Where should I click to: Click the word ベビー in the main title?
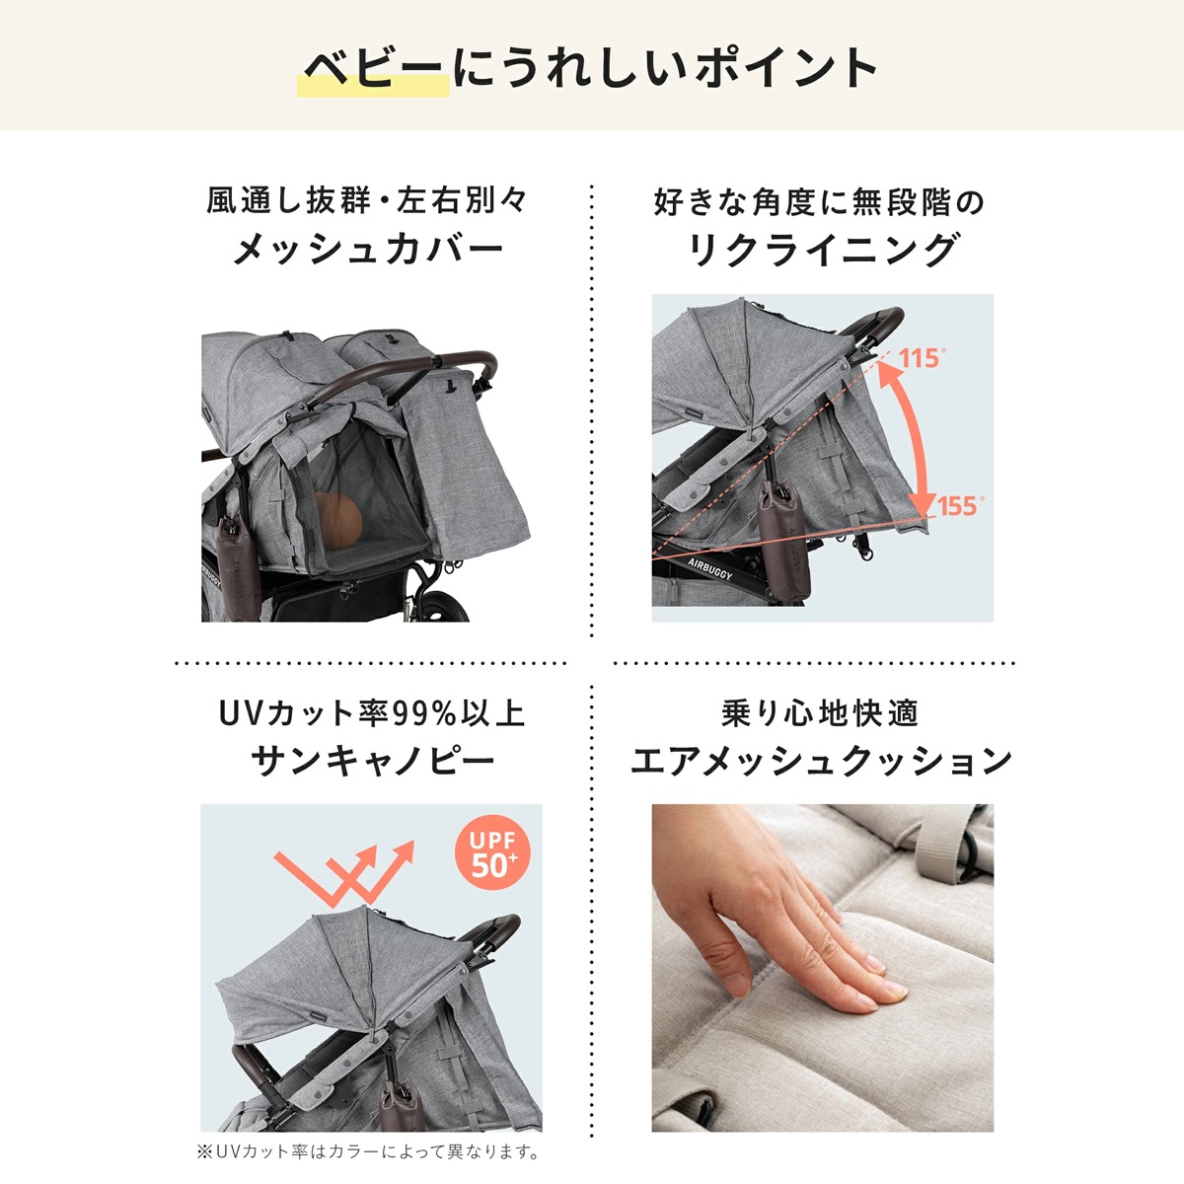(x=374, y=69)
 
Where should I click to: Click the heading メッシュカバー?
(x=368, y=250)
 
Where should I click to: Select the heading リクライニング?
(x=822, y=250)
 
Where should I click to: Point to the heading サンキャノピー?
(x=373, y=761)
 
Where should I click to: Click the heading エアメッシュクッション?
(x=822, y=761)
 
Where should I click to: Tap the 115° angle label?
(x=922, y=358)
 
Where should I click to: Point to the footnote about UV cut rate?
(x=368, y=1151)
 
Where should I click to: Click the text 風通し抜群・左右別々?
(x=368, y=201)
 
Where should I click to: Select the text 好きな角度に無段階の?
(x=820, y=202)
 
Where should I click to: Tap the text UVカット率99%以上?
(x=373, y=712)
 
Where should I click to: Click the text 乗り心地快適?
(x=820, y=712)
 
